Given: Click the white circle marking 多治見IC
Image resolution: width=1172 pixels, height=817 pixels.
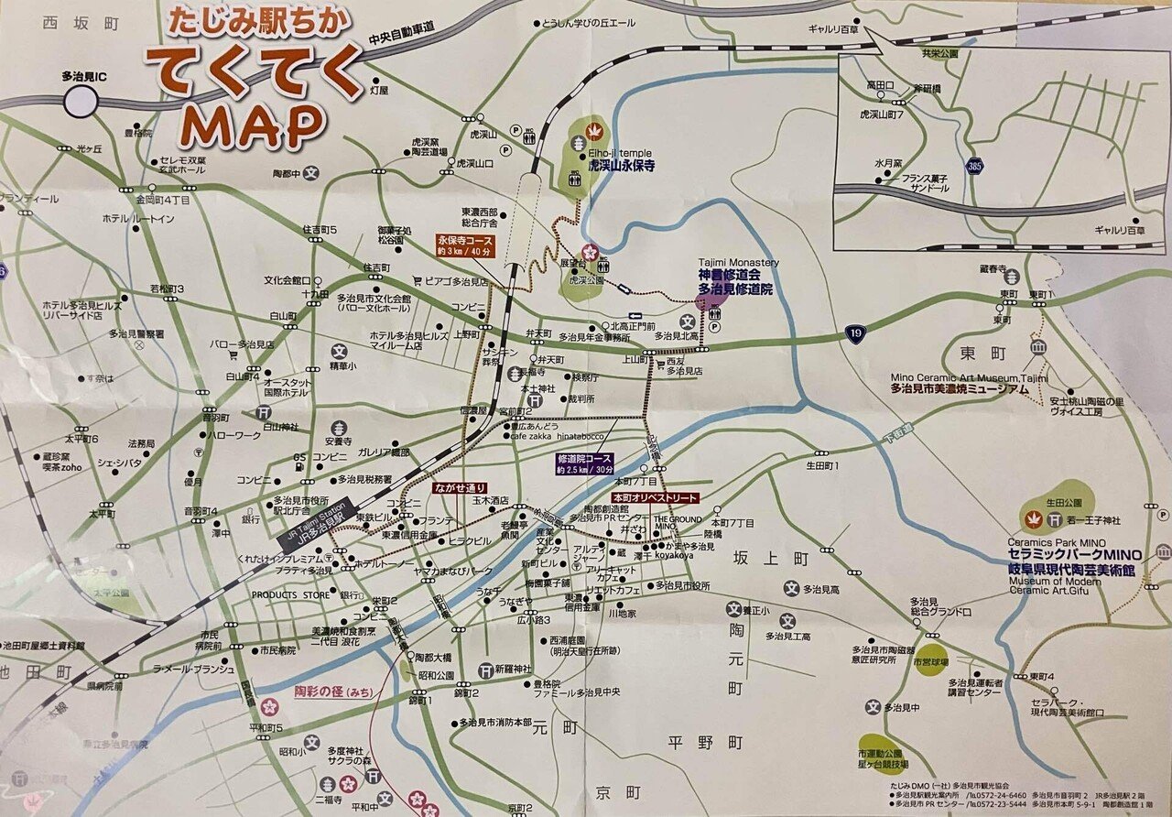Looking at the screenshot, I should pos(80,103).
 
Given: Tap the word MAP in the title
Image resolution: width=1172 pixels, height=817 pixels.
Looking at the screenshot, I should pos(254,125).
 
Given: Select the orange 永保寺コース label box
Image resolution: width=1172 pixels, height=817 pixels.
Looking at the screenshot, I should pos(470,245).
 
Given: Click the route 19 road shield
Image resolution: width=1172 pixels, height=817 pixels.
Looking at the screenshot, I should pos(853,332).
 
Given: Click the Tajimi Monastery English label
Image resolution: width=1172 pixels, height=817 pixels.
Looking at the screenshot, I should pos(738,263).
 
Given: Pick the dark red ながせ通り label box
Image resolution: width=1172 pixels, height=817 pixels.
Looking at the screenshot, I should pos(461,488).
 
